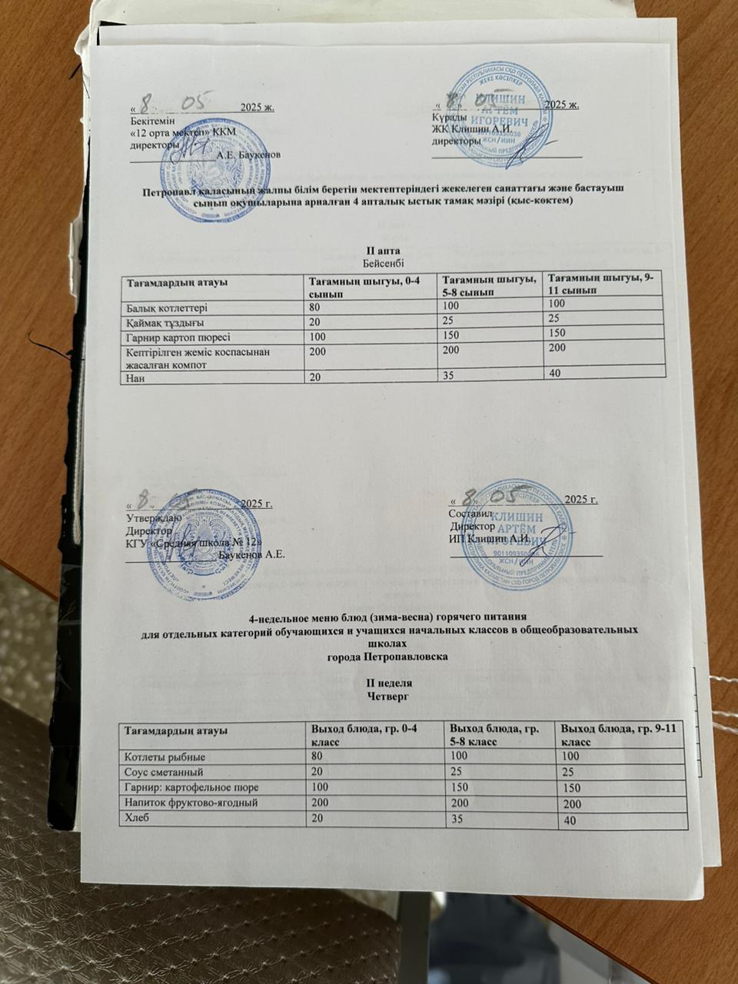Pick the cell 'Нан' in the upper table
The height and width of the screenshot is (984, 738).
click(135, 377)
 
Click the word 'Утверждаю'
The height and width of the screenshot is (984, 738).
click(154, 518)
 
